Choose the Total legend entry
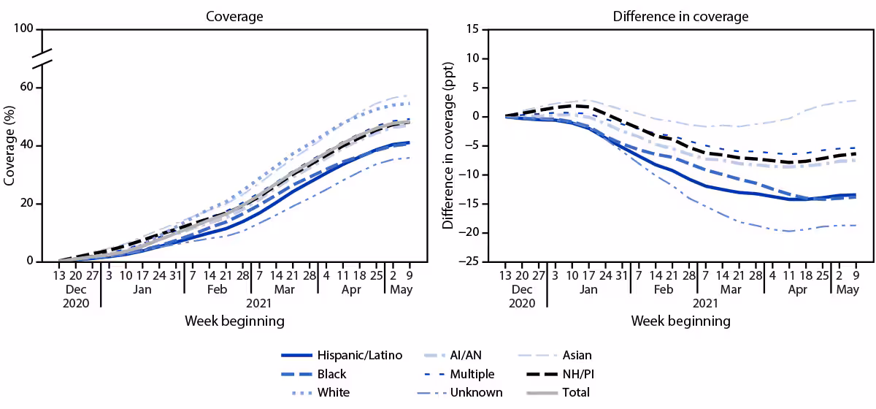[575, 392]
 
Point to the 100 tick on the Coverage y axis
[24, 29]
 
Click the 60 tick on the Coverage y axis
[27, 88]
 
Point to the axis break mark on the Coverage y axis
[43, 58]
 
